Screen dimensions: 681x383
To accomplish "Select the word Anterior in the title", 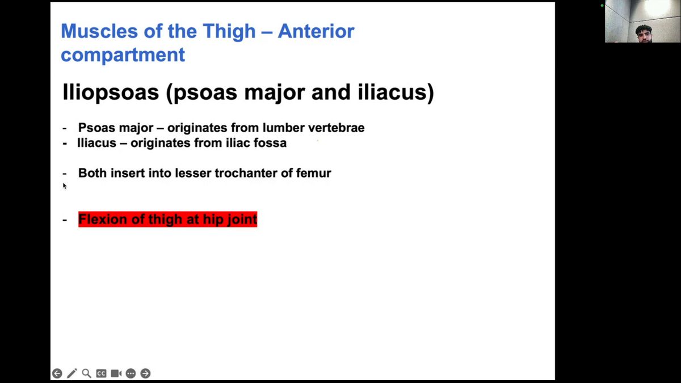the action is (316, 31).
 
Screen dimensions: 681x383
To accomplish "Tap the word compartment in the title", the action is (123, 56).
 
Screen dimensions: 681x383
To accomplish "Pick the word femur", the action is (313, 173).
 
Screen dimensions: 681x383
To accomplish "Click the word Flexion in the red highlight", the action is (103, 219).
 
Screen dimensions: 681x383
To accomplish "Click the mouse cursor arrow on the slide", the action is (65, 186).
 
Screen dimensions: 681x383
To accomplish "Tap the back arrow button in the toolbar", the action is (57, 373).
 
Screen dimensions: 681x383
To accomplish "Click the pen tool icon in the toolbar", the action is (72, 373).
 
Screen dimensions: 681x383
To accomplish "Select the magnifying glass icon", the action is (87, 373).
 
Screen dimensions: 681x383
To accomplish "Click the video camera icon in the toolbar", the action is (116, 373).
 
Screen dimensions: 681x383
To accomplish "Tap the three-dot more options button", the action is (131, 373).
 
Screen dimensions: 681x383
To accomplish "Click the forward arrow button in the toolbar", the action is (146, 373).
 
